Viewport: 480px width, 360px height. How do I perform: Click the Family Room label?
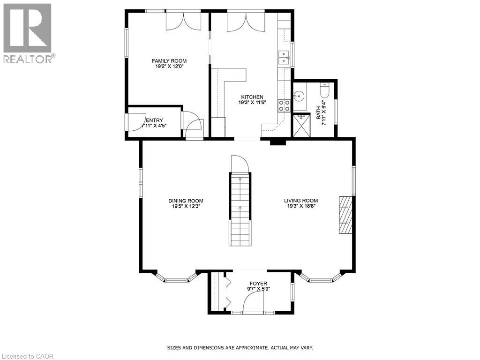click(169, 61)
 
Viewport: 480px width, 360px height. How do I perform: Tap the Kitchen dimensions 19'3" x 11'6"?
click(252, 103)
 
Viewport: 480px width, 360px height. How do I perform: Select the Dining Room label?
click(186, 201)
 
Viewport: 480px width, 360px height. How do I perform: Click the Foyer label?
click(258, 284)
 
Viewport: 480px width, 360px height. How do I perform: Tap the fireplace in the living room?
click(345, 214)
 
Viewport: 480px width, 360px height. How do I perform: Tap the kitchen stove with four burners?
click(284, 105)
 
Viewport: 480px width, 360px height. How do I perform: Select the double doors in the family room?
click(184, 21)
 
